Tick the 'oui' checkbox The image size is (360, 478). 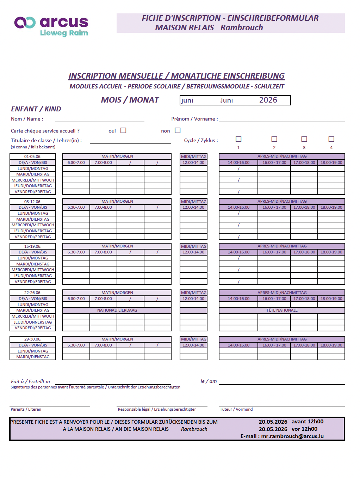(x=123, y=130)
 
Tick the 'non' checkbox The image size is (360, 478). (x=178, y=130)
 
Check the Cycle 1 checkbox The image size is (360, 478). (x=238, y=139)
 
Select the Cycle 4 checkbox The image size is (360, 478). (x=331, y=139)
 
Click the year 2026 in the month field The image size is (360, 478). (x=268, y=100)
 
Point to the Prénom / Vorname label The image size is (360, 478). (x=194, y=119)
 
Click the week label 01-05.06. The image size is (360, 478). (x=33, y=157)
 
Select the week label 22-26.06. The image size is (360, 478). (x=33, y=293)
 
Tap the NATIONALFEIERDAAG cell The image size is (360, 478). (x=117, y=310)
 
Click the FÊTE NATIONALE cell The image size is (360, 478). (x=282, y=310)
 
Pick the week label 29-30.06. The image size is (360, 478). (x=33, y=339)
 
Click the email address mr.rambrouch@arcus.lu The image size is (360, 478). (x=292, y=436)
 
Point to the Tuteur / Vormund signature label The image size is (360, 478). (x=236, y=409)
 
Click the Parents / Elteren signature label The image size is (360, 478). (x=26, y=409)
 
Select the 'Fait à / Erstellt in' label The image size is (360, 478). (x=30, y=381)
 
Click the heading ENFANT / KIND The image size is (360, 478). (x=36, y=109)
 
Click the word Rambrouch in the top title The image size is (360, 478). (x=242, y=27)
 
